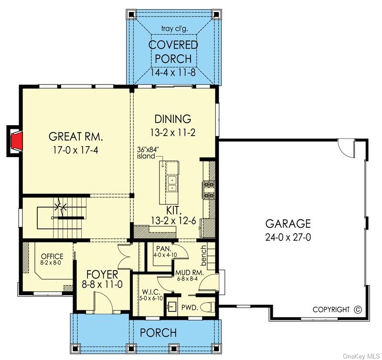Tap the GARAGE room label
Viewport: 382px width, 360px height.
click(x=288, y=223)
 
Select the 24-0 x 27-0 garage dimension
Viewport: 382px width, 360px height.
click(x=288, y=237)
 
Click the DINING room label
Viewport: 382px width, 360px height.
click(x=172, y=119)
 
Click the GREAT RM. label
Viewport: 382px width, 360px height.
click(x=76, y=137)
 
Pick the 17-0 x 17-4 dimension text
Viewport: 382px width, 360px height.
click(x=76, y=150)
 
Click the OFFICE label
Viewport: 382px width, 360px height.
click(x=53, y=256)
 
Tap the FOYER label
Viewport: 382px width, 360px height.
click(x=102, y=275)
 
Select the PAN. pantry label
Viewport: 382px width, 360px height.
click(x=160, y=248)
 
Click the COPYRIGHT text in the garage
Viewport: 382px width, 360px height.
click(x=331, y=309)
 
